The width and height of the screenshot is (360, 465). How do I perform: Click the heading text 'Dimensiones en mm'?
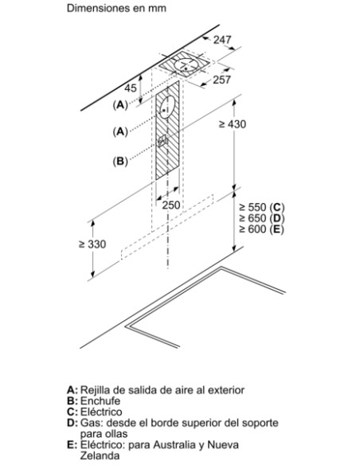tap(116, 8)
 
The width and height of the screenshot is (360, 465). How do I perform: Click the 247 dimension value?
tap(222, 40)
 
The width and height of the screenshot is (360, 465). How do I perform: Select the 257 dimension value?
tap(221, 80)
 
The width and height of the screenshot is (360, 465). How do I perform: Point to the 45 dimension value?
tap(130, 88)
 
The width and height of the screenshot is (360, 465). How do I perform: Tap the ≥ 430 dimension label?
tap(233, 124)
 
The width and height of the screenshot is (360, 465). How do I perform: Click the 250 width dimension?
tap(171, 205)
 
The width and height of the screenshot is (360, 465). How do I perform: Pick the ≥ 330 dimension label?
tap(92, 244)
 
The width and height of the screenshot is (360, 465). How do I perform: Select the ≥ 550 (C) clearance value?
tap(261, 207)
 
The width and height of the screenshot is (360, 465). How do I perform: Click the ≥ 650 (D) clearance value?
tap(261, 218)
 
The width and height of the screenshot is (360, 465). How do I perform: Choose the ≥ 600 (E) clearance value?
tap(261, 229)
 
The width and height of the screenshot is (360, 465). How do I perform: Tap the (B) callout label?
tap(120, 162)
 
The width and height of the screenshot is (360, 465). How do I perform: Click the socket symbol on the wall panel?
tap(162, 141)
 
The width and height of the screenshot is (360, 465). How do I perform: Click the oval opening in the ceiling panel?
tap(186, 64)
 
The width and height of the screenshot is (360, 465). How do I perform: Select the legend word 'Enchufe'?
tap(100, 401)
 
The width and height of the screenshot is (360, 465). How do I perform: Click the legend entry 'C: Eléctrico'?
tap(95, 412)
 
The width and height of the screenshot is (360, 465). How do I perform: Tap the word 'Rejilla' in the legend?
tap(95, 390)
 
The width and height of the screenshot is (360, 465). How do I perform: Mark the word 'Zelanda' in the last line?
tap(100, 455)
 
